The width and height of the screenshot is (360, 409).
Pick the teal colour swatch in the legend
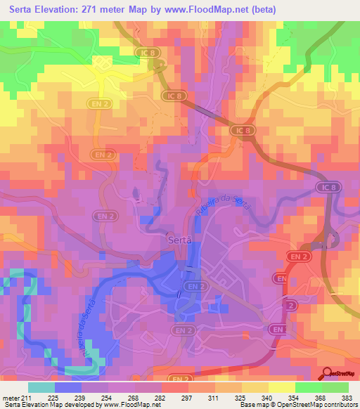coord(41,387)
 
